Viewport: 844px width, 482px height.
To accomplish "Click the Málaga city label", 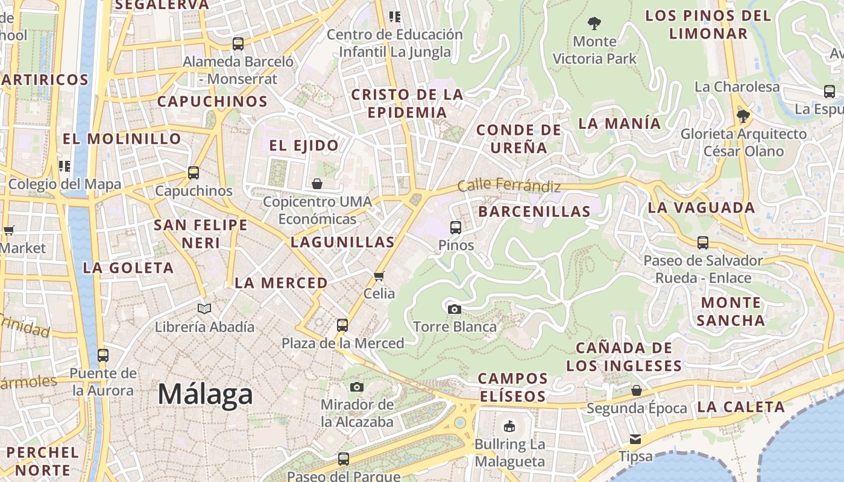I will pyautogui.click(x=205, y=395).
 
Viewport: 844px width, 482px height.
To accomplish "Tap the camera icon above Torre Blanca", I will pyautogui.click(x=455, y=309).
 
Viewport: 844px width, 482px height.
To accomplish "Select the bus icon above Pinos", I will pyautogui.click(x=456, y=228).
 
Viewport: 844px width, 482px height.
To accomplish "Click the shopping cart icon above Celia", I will pyautogui.click(x=379, y=277).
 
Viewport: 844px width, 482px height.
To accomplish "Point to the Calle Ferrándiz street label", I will pyautogui.click(x=509, y=186).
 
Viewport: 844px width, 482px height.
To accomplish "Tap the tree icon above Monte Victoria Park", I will pyautogui.click(x=594, y=24).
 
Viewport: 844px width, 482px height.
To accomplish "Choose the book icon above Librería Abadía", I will pyautogui.click(x=204, y=309).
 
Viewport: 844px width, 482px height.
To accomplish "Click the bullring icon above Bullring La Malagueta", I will pyautogui.click(x=509, y=427).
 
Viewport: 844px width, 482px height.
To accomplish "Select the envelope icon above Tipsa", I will pyautogui.click(x=635, y=439).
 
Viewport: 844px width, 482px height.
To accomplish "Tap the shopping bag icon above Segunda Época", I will pyautogui.click(x=637, y=391).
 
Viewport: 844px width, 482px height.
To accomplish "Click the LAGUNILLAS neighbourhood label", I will pyautogui.click(x=342, y=242).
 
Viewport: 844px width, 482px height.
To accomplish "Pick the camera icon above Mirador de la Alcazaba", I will pyautogui.click(x=357, y=387).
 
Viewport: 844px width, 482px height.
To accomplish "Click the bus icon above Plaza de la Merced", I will pyautogui.click(x=342, y=325).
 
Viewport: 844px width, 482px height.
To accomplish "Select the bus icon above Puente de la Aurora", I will pyautogui.click(x=103, y=355).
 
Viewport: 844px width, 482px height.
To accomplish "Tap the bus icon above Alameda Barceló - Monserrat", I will pyautogui.click(x=238, y=44).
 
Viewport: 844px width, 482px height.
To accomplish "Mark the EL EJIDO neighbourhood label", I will pyautogui.click(x=304, y=145).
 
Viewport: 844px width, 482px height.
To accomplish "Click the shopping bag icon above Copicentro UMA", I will pyautogui.click(x=317, y=184).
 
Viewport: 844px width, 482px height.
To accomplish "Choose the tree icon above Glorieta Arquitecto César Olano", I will pyautogui.click(x=743, y=116).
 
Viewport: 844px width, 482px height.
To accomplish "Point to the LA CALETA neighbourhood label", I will pyautogui.click(x=741, y=407).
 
